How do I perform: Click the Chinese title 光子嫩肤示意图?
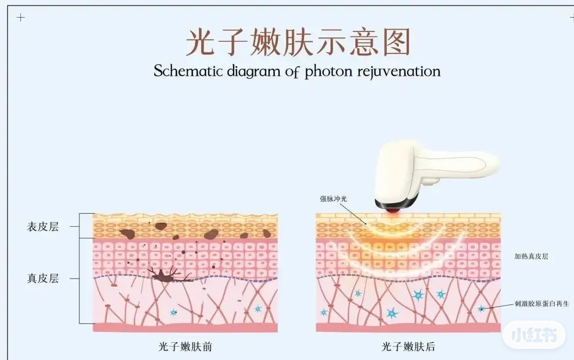[x=298, y=42]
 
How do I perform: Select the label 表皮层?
[x=42, y=227]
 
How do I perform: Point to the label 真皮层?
[x=42, y=279]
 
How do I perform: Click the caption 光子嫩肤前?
[x=185, y=347]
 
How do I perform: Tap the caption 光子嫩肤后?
[x=408, y=347]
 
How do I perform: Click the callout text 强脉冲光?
[x=334, y=199]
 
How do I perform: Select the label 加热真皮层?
[x=531, y=256]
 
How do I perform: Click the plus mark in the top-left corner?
[x=21, y=18]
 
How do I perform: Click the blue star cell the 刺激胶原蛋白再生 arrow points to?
[x=481, y=309]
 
